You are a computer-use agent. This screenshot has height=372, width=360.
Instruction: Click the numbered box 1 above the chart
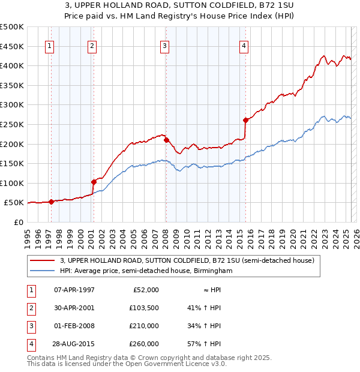coord(50,47)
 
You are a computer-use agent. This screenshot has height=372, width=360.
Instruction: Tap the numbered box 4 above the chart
coord(244,47)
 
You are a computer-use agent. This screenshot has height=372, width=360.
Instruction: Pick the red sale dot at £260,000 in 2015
coord(246,120)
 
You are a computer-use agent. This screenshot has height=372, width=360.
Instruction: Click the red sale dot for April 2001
coord(94,182)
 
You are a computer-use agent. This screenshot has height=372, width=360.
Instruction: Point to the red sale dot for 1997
coord(51,202)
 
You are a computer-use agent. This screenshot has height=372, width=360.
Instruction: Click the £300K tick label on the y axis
coord(12,104)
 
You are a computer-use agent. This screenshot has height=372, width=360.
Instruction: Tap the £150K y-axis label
coord(12,163)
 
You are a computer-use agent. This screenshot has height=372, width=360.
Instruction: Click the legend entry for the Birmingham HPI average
coord(146,271)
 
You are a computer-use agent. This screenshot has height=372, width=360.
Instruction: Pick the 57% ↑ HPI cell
coord(204,344)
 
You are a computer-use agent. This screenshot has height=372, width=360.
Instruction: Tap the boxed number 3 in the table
coord(30,326)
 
